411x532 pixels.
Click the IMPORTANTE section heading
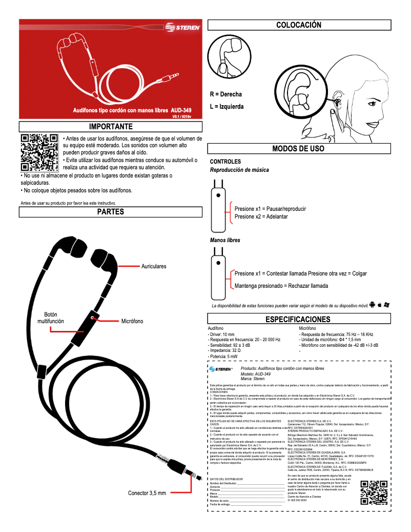pos(111,126)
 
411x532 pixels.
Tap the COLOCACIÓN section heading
pos(299,25)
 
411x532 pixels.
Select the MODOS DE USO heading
pos(298,149)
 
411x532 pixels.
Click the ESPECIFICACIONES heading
pos(298,320)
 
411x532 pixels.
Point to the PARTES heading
pos(111,211)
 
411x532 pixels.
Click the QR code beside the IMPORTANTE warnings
pos(39,152)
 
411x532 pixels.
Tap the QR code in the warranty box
pos(373,492)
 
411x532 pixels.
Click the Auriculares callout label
pos(154,266)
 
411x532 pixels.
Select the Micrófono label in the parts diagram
pos(132,321)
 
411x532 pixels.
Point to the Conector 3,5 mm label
pos(147,493)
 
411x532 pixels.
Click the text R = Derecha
pos(226,94)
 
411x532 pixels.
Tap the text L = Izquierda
pos(227,107)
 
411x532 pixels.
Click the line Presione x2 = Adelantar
pos(261,216)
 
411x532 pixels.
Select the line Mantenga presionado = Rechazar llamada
pos(281,286)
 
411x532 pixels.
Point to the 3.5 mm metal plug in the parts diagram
pos(191,469)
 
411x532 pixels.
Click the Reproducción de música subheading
pos(239,170)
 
